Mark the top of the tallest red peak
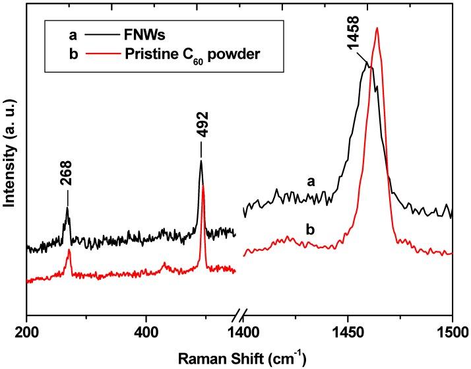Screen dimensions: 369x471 pos(377,28)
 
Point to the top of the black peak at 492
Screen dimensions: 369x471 pos(201,161)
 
